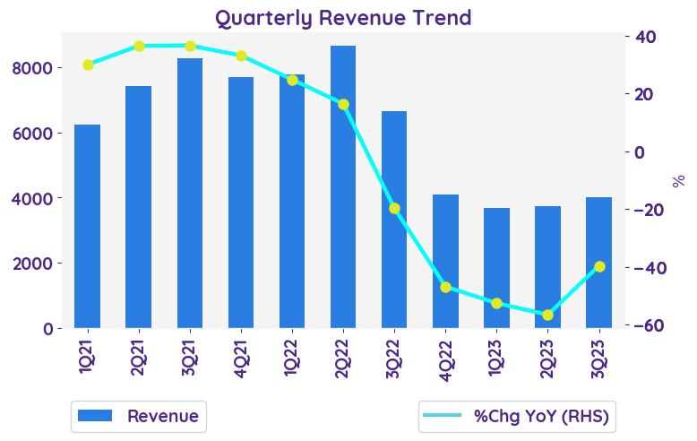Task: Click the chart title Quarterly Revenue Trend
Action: click(x=343, y=17)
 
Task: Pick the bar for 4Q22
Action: click(x=446, y=261)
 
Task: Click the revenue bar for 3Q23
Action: click(x=599, y=263)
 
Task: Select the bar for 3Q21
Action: click(x=190, y=193)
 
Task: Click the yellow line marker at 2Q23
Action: click(x=548, y=315)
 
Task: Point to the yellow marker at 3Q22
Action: click(x=394, y=209)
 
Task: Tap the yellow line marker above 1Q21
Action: click(x=88, y=65)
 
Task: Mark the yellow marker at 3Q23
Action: click(x=599, y=266)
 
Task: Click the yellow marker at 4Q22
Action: click(x=446, y=288)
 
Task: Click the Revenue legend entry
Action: click(x=139, y=416)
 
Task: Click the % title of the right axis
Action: click(x=679, y=181)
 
